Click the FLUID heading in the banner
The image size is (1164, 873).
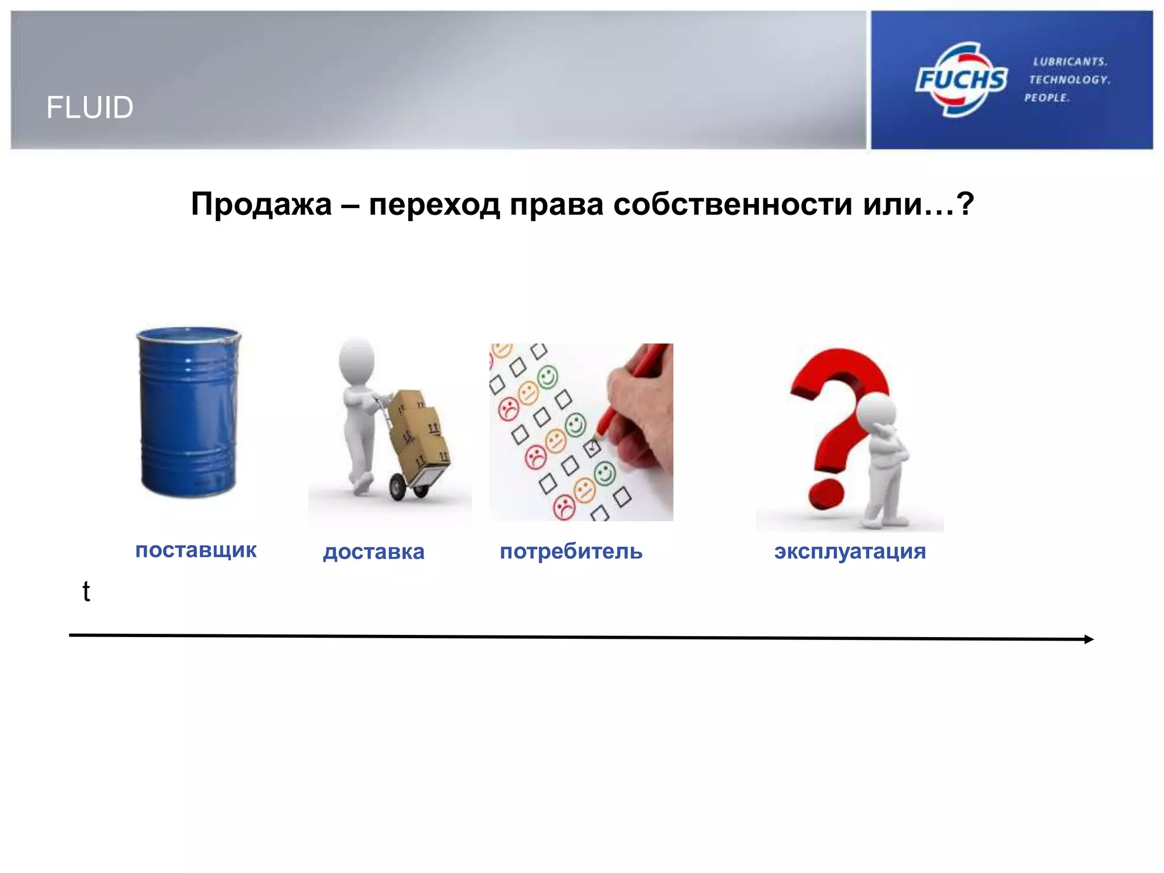click(x=90, y=107)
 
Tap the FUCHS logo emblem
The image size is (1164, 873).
click(x=961, y=80)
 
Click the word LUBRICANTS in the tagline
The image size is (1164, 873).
click(x=1070, y=61)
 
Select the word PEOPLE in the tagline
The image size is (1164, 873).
click(x=1047, y=98)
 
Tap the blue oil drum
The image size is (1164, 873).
click(x=189, y=412)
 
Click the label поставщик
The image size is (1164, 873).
click(x=196, y=550)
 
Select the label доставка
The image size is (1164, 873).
click(x=373, y=551)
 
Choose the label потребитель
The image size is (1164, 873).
click(x=571, y=551)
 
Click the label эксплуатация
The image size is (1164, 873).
click(x=850, y=551)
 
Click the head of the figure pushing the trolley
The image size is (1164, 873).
click(x=357, y=359)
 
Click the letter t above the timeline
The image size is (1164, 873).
click(x=86, y=591)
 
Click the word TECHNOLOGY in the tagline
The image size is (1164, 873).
click(x=1069, y=80)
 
